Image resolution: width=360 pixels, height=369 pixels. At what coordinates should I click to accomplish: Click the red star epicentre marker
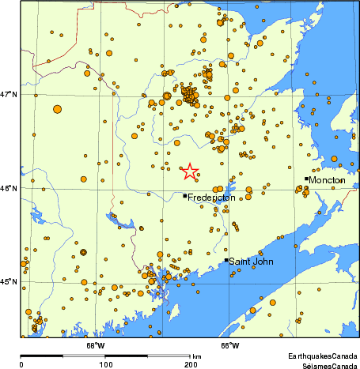(190, 171)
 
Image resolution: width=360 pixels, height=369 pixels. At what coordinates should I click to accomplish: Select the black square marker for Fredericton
(185, 196)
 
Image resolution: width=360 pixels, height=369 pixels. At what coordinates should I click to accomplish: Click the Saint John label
(251, 261)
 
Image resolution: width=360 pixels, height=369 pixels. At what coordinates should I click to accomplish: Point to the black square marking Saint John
(226, 260)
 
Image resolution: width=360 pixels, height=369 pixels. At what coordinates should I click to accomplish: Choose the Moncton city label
(327, 180)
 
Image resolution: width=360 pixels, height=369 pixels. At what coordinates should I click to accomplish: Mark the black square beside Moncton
(306, 179)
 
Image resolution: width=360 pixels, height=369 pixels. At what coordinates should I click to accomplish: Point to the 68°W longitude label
(95, 345)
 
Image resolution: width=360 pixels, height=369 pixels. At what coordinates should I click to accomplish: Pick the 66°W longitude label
(229, 345)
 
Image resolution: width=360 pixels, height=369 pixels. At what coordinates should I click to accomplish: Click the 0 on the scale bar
(21, 365)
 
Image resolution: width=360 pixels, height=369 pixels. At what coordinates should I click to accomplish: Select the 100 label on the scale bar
(105, 365)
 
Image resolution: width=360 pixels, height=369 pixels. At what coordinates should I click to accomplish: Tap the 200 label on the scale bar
(191, 365)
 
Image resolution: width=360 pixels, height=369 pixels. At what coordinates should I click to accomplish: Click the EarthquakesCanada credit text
(322, 358)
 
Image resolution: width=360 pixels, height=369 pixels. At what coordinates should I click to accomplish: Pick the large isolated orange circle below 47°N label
(57, 110)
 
